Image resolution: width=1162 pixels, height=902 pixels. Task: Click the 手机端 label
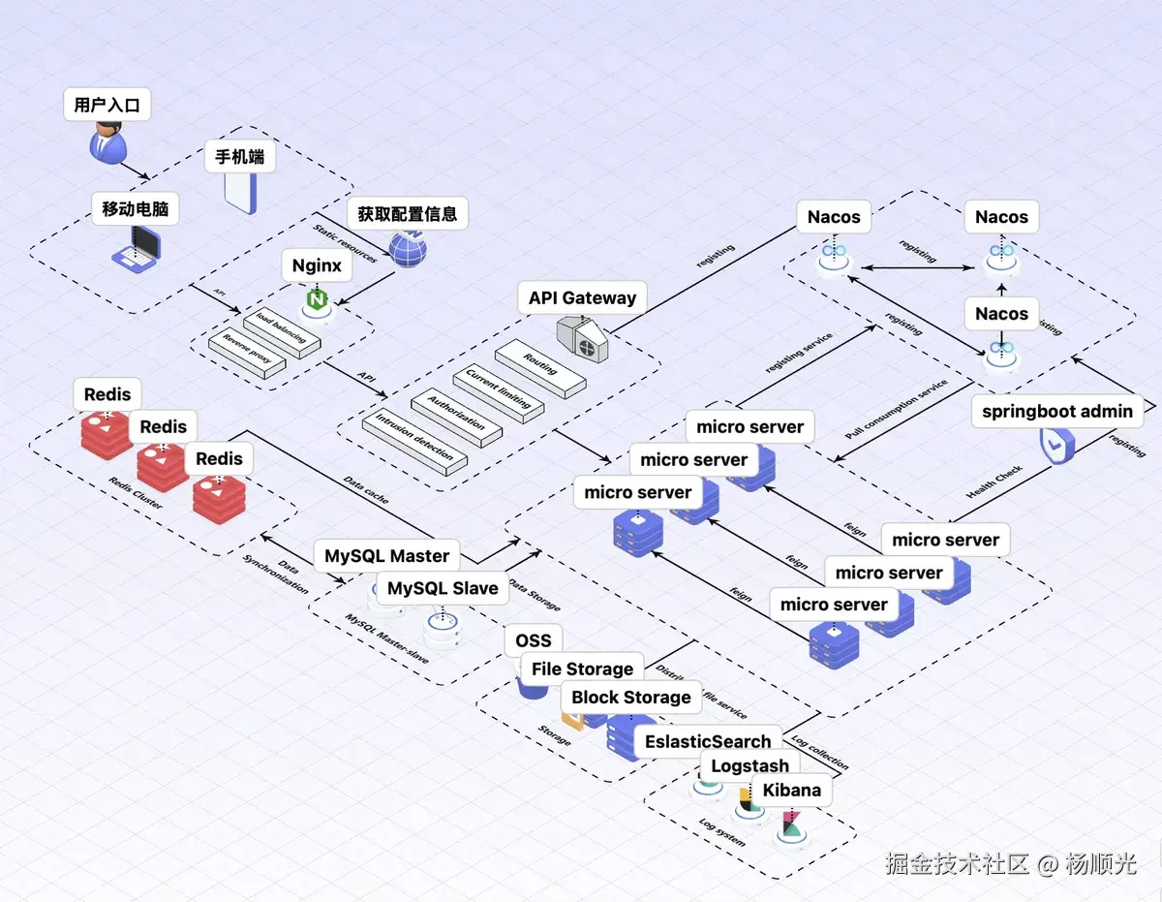point(240,157)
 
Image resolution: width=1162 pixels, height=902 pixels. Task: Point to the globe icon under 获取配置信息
point(408,247)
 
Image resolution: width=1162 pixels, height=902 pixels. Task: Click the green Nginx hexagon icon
point(317,299)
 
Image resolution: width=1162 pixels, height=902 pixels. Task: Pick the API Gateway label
point(582,297)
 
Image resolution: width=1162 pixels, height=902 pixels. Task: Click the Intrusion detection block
point(414,444)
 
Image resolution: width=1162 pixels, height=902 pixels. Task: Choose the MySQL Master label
point(386,556)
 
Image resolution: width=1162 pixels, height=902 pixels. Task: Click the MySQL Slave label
point(443,588)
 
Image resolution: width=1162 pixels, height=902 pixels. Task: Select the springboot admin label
point(1057,411)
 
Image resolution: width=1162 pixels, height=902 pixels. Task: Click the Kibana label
point(791,790)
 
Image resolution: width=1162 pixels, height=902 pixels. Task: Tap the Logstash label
point(749,766)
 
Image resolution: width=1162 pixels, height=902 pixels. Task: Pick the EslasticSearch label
point(708,741)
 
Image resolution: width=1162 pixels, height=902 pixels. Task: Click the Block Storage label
point(630,698)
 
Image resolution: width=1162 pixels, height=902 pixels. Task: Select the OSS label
point(533,640)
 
